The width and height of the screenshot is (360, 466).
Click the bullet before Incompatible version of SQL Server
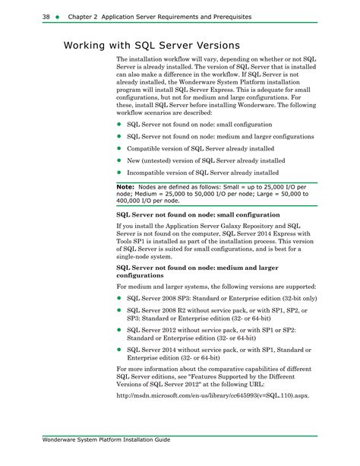click(x=119, y=173)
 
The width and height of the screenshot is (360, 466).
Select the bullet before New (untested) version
click(x=119, y=161)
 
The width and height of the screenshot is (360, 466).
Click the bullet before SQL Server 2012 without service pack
click(x=119, y=331)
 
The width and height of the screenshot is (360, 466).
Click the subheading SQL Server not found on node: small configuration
click(x=198, y=215)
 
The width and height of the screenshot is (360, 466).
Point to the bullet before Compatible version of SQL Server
click(x=119, y=149)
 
